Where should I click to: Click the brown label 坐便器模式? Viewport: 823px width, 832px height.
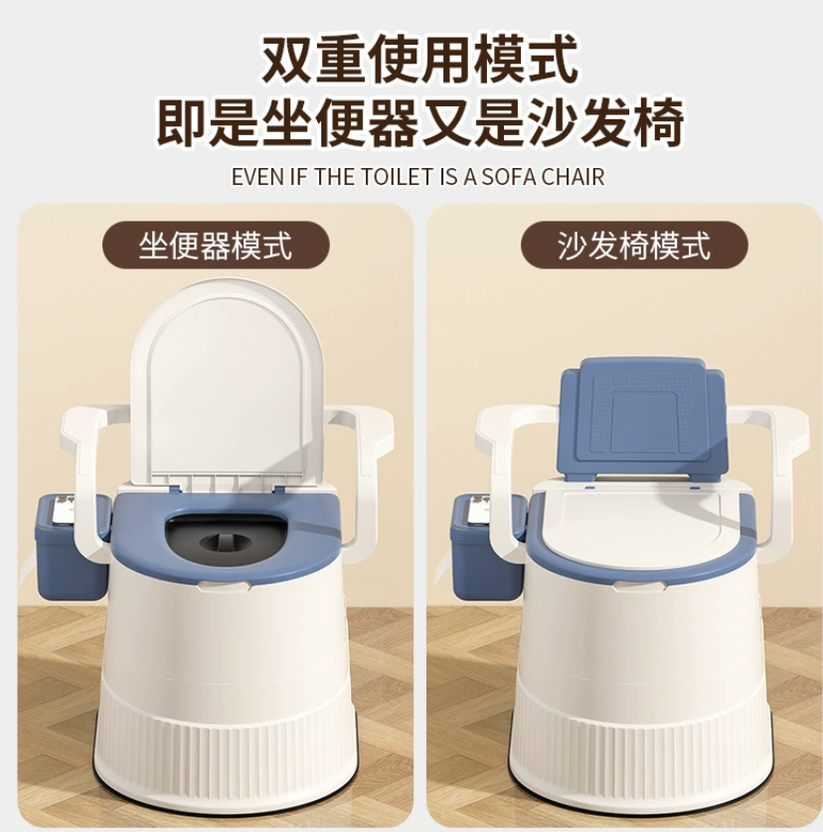216,246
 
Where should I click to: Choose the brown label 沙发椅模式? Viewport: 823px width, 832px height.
634,246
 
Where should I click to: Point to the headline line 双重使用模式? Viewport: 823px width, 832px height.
419,60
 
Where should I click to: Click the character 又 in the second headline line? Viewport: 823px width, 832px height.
447,121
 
